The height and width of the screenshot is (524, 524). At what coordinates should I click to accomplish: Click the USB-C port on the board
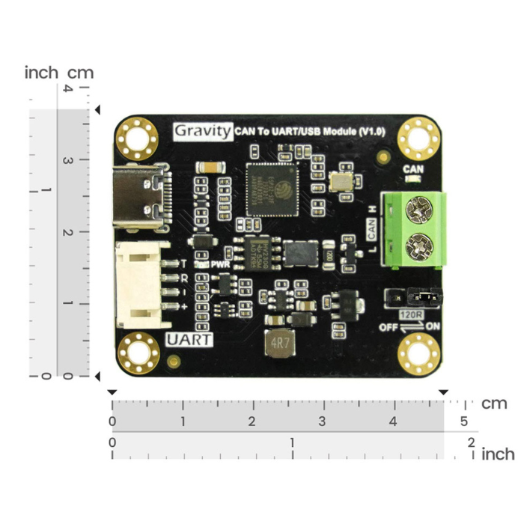point(141,198)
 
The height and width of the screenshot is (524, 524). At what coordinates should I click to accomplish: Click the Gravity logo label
point(203,131)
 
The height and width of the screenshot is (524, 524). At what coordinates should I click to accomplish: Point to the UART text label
point(189,339)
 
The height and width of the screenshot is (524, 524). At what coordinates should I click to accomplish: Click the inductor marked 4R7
point(279,344)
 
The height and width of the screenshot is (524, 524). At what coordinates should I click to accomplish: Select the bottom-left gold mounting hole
point(138,353)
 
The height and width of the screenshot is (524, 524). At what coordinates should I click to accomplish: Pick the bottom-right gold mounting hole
point(418,353)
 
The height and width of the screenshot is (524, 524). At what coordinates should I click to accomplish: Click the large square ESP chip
point(272,188)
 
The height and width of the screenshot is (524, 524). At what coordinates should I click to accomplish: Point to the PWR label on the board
point(220,264)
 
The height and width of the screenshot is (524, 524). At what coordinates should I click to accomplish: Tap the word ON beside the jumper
point(433,326)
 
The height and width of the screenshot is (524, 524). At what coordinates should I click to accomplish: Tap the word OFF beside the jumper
point(387,326)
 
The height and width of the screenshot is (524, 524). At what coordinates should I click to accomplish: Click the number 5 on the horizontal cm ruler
point(464,421)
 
